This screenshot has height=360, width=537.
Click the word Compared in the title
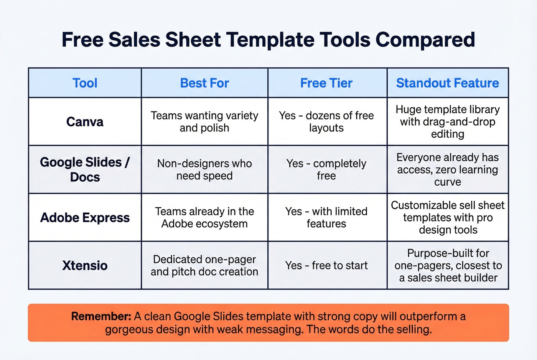[425, 40]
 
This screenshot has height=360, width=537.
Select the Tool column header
[85, 83]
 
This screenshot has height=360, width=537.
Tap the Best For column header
[204, 83]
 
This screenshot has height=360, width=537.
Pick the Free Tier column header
[326, 83]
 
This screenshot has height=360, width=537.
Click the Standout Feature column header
[447, 83]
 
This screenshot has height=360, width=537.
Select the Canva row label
[85, 122]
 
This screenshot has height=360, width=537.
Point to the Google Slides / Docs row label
[85, 169]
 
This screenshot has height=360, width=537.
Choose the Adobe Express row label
[85, 218]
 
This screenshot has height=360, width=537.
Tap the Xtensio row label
[85, 265]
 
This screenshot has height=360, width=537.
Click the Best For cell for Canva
[204, 122]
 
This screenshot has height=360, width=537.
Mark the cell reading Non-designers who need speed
[204, 169]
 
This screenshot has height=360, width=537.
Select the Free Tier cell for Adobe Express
[326, 217]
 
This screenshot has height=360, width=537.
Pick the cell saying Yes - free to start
[326, 265]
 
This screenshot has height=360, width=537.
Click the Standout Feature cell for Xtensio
[448, 265]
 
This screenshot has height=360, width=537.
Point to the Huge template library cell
[448, 122]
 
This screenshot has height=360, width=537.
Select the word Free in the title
[82, 40]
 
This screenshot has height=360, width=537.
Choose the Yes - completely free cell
[326, 169]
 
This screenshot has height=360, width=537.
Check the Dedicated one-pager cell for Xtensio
[204, 265]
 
